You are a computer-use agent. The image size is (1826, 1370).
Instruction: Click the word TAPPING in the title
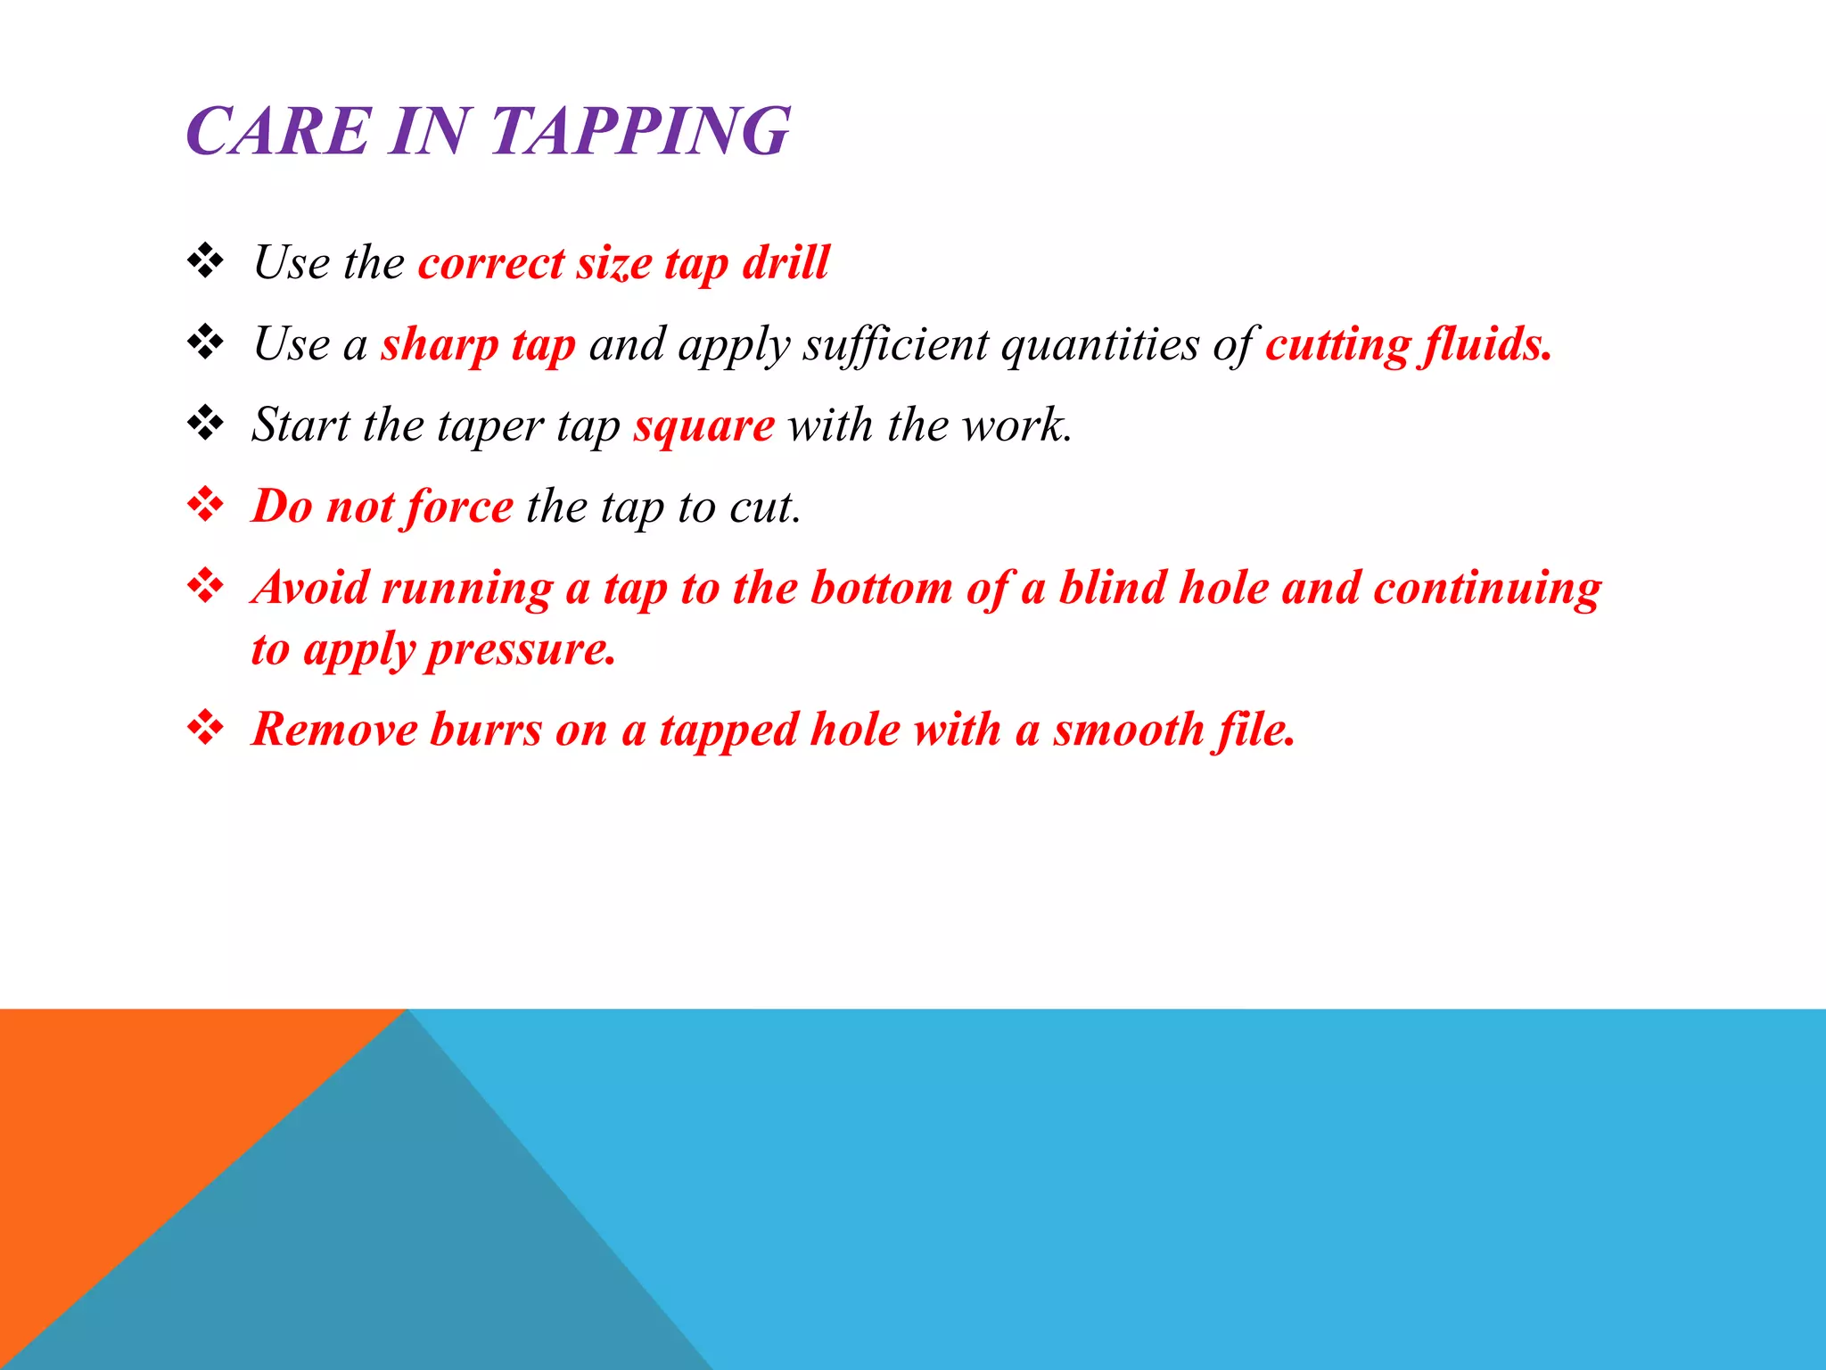click(640, 132)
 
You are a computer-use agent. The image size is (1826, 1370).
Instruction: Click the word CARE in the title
click(278, 132)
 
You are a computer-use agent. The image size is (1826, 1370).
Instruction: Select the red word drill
click(786, 262)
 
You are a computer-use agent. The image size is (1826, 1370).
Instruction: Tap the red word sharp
click(440, 344)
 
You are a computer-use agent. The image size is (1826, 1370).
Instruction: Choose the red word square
click(704, 426)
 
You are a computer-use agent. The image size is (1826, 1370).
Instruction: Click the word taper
click(489, 426)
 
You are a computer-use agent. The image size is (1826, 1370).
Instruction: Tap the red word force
click(459, 507)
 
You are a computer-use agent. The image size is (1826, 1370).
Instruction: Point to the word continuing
click(1487, 590)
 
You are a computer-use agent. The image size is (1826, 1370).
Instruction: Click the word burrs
click(486, 730)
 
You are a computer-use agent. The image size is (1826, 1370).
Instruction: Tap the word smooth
click(1130, 730)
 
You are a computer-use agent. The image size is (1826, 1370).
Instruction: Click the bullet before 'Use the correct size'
click(206, 260)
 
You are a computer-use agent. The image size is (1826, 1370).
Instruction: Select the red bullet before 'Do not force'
click(206, 505)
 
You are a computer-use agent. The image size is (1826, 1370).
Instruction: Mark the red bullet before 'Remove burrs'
click(206, 728)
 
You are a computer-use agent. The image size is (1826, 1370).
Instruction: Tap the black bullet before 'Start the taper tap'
click(206, 423)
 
